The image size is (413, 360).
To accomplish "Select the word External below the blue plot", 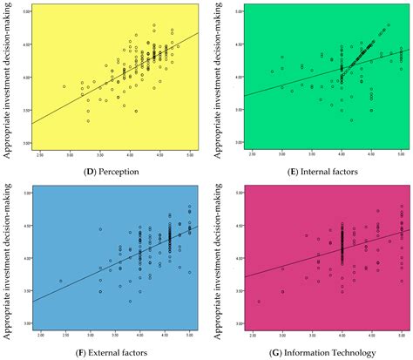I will click(x=113, y=350).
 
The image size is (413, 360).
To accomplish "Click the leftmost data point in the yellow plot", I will click(x=64, y=86).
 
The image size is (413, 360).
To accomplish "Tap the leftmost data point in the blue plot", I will click(x=60, y=281).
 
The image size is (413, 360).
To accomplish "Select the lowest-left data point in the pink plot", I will click(x=258, y=302).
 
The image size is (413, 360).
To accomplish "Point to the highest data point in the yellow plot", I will click(x=153, y=25).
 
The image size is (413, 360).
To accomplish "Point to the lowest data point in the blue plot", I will click(x=130, y=301).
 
